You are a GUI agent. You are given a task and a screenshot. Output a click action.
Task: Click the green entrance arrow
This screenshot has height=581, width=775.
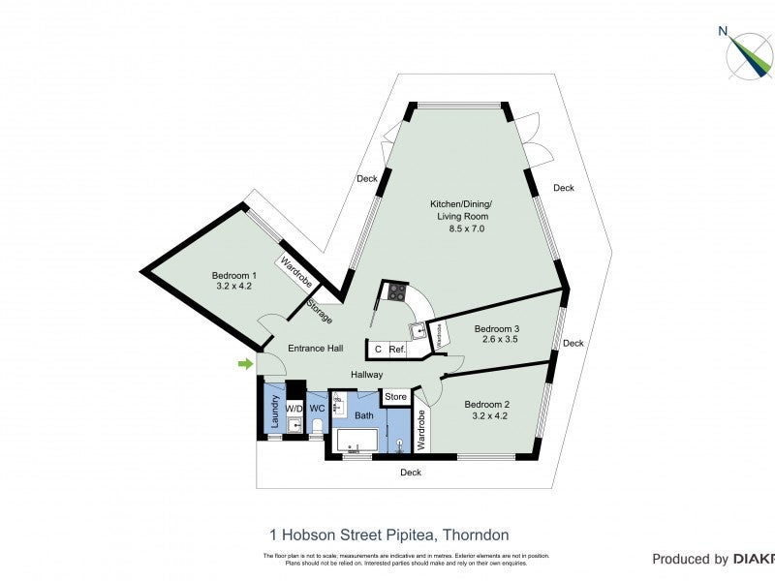point(246,364)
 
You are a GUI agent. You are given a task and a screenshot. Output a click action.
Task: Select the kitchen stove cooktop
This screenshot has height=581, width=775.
point(396,290)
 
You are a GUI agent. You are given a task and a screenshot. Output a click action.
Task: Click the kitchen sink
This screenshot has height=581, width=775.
point(418,331)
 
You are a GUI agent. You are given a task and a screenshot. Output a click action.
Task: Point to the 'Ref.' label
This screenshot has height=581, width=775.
point(397,350)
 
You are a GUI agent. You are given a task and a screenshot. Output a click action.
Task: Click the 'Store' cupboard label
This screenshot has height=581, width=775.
point(395,397)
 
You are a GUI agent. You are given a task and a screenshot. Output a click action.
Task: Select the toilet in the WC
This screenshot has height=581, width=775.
point(317,425)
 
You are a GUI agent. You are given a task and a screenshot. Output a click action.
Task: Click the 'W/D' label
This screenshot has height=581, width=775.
point(294,409)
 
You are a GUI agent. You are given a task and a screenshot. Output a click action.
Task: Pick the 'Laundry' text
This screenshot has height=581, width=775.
point(274,411)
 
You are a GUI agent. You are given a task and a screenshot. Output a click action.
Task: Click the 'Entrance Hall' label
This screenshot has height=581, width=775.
point(316,349)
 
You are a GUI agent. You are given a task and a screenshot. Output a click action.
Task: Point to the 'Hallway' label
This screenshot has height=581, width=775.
point(366,375)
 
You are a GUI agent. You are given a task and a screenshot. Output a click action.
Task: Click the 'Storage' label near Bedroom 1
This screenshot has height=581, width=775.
point(319,313)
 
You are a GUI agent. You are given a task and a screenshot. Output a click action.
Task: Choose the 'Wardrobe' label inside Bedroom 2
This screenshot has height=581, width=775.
point(421,430)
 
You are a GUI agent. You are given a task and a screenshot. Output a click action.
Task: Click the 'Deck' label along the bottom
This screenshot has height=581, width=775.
point(411,473)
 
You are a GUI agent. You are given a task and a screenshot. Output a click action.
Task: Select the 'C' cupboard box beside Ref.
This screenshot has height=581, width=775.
point(378,350)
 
